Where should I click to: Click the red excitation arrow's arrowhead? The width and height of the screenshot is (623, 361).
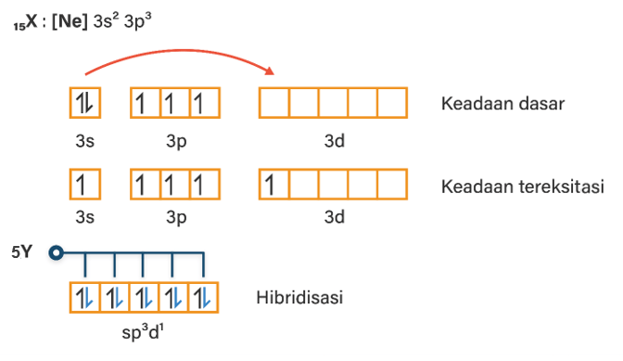pos(270,71)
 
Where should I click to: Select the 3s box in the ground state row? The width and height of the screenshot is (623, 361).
pos(85,103)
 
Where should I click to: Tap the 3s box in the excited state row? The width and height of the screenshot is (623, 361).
pos(85,184)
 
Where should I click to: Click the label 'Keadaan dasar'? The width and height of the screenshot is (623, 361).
pos(502,104)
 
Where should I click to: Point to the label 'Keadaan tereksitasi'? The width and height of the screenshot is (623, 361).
pos(523,187)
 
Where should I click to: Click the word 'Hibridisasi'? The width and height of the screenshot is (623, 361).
pos(299,297)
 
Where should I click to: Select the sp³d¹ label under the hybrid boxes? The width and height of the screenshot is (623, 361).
pos(143,331)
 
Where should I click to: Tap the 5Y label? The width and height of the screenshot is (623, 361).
pos(22,252)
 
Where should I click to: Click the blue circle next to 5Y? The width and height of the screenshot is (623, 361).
pos(56,252)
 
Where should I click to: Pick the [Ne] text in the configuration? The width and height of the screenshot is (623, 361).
pos(70,21)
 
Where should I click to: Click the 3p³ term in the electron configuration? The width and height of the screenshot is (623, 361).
pos(137,21)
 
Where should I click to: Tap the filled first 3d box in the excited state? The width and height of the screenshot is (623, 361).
pos(274,184)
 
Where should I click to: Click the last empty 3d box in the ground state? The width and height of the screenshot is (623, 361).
pos(392,103)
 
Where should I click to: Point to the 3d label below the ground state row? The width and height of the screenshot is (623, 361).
pos(334,141)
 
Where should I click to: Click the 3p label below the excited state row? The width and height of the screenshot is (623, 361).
pos(176,218)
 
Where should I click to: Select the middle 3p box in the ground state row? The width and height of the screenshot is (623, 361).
pos(175,103)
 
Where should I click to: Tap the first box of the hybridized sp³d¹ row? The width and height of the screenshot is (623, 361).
pos(84,298)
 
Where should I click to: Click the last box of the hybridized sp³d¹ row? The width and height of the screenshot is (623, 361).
pos(203,298)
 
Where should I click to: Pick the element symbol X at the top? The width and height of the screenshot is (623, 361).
pos(32,21)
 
